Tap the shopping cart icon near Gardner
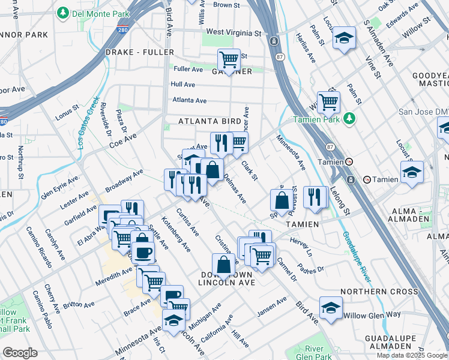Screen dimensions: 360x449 (x=229, y=59)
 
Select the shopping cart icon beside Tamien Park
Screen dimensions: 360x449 (x=328, y=102)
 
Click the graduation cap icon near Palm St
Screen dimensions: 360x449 (x=344, y=38)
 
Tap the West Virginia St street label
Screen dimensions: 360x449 (x=234, y=32)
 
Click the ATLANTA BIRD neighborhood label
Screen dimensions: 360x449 (x=209, y=121)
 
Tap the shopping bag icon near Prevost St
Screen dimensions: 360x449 (x=281, y=201)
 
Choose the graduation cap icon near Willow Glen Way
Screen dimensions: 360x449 (x=331, y=307)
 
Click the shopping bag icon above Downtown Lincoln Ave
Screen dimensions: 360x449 (x=223, y=264)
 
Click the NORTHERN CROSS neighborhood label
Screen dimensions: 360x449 (x=378, y=292)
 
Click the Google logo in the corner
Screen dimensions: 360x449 (x=20, y=353)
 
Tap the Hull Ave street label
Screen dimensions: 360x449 (x=183, y=85)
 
